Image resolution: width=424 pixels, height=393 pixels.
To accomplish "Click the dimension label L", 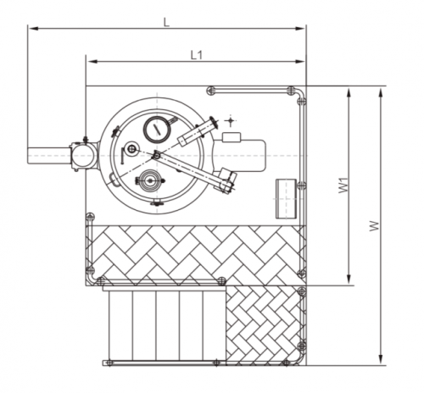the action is point(166,22).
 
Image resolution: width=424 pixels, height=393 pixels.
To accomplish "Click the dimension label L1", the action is point(197,55).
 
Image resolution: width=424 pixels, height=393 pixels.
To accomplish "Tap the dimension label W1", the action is point(343,185).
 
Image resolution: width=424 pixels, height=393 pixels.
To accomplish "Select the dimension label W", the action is point(375,226).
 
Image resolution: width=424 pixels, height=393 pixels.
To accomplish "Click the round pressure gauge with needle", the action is point(158,130).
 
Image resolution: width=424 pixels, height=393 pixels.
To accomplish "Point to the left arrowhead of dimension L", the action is point(33,28).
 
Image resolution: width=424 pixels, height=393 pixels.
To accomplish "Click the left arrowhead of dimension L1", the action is point(92,62).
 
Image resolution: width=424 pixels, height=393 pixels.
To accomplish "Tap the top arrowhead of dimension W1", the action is point(349,93).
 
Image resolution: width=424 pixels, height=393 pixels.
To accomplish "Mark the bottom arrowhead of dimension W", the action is point(381,359).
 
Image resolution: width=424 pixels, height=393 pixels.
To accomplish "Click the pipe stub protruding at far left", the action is point(49,156).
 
